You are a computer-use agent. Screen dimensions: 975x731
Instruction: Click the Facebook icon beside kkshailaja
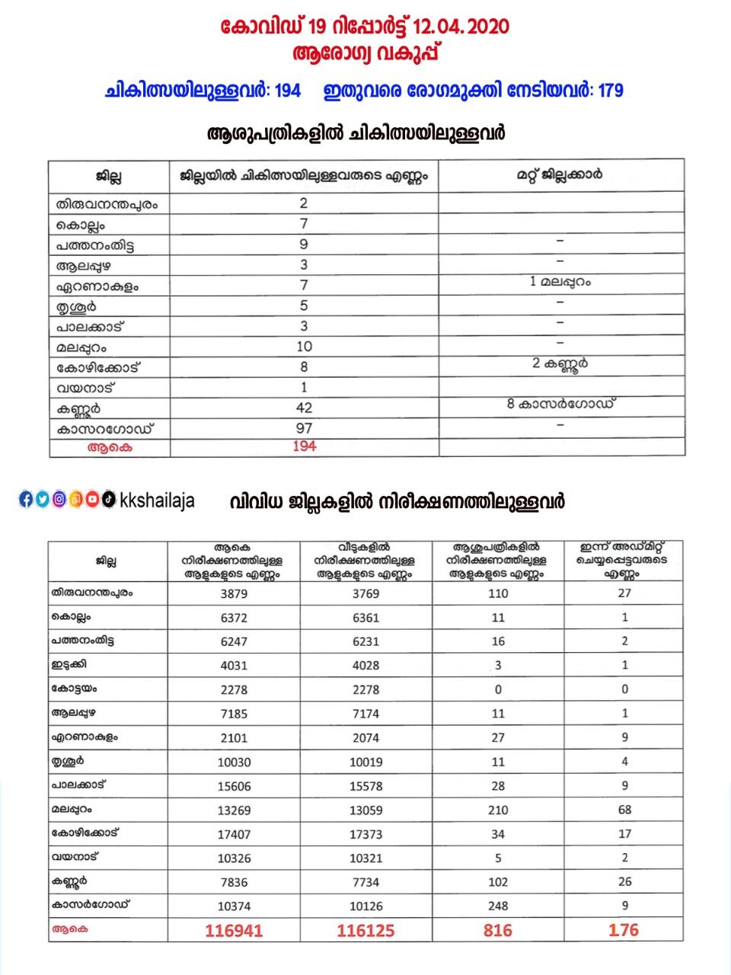point(26,500)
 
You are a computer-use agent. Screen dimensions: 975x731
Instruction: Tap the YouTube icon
point(92,500)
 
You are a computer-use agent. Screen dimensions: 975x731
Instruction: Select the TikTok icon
point(108,500)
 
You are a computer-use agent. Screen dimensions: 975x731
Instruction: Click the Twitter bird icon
point(43,500)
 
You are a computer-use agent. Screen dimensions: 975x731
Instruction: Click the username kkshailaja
point(158,500)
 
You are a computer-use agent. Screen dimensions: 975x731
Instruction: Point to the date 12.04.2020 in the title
point(461,27)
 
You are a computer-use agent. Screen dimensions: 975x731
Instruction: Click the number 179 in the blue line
point(610,91)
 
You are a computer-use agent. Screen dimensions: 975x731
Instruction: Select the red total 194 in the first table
point(304,446)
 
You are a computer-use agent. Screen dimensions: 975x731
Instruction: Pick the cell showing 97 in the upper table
point(304,428)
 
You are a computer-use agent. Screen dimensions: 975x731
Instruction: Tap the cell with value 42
point(304,408)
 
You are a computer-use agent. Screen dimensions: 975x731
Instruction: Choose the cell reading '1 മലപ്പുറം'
point(560,282)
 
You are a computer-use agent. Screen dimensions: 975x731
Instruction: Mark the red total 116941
point(234,931)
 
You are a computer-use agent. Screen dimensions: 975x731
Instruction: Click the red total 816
point(498,931)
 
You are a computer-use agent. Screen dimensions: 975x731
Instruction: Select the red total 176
point(624,930)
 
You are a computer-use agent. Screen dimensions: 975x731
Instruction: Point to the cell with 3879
point(234,593)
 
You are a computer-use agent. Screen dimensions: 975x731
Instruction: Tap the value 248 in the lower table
point(498,906)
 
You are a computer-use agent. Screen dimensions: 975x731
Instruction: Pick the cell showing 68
point(624,810)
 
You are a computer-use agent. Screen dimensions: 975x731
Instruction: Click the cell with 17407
point(234,834)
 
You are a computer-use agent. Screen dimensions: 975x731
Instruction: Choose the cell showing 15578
point(365,786)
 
